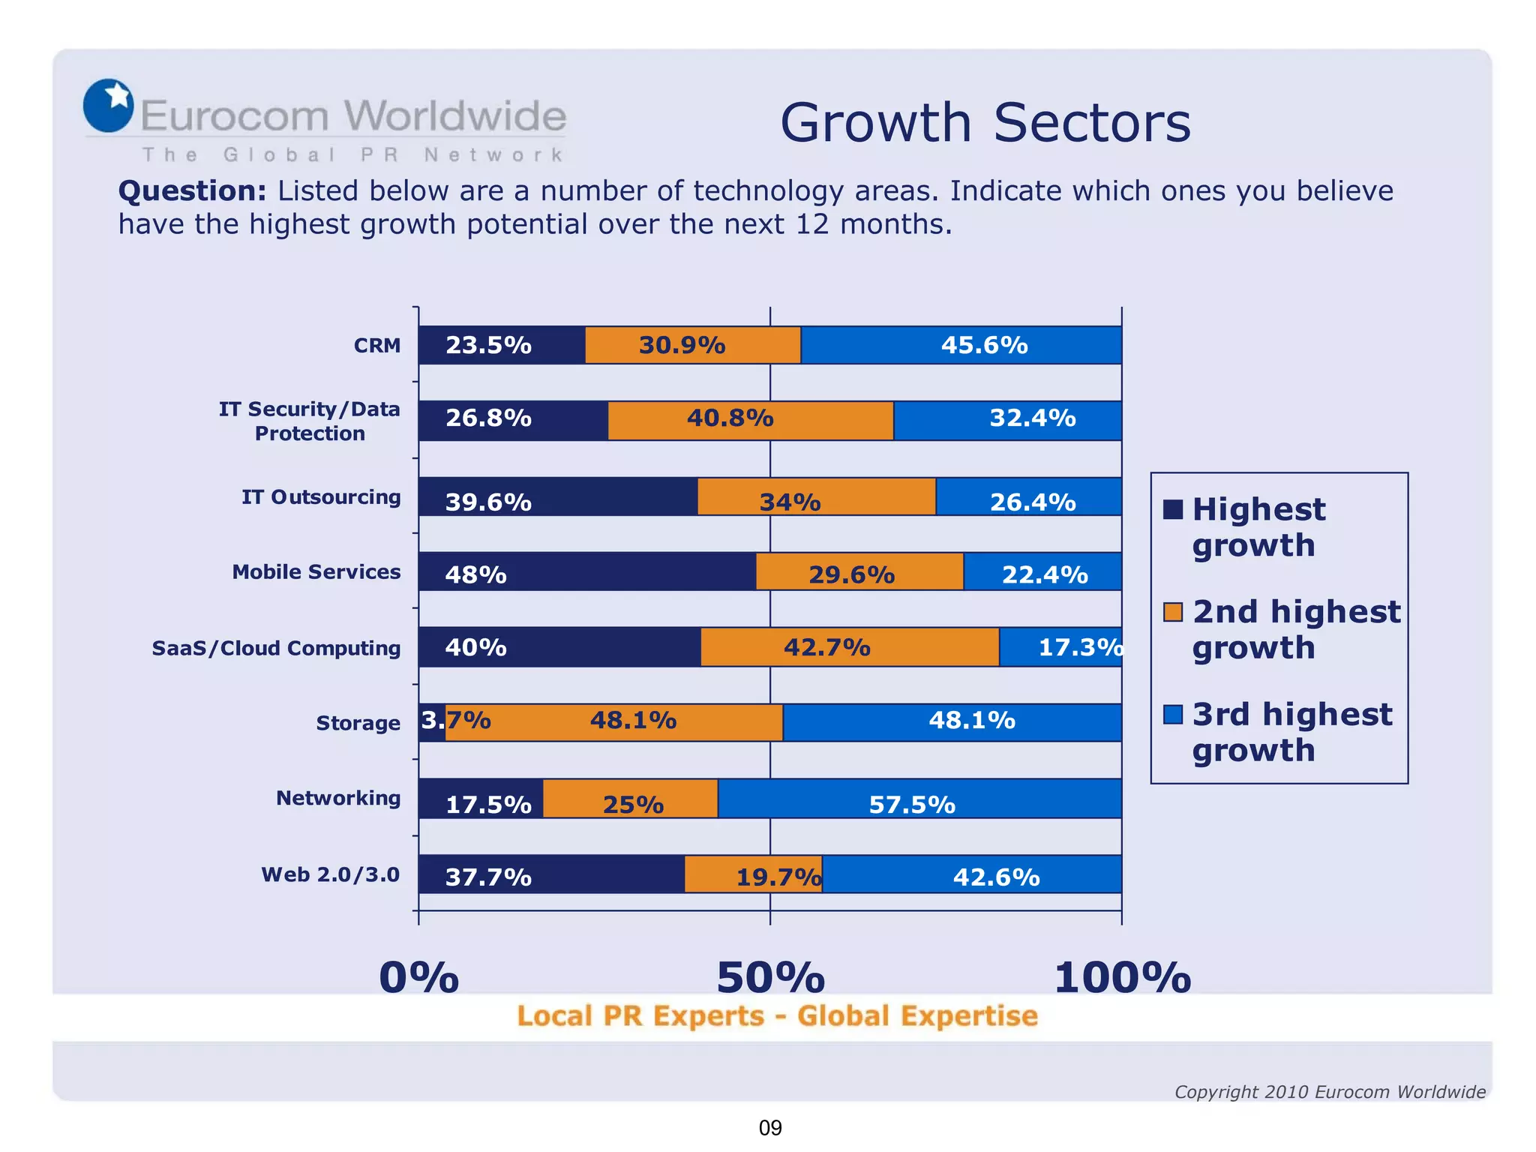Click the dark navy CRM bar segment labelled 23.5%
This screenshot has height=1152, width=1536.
tap(501, 345)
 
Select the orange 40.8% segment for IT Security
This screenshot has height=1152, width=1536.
tap(750, 420)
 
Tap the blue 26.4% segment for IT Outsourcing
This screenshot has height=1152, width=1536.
tap(1028, 496)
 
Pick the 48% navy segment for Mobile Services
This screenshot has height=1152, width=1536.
tap(586, 571)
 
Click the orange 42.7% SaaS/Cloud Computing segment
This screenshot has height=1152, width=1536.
tap(849, 646)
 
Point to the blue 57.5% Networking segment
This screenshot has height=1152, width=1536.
tap(919, 798)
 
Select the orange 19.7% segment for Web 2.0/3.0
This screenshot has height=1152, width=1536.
tap(753, 874)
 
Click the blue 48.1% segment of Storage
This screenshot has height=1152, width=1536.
tap(951, 722)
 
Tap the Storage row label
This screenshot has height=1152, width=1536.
tap(358, 723)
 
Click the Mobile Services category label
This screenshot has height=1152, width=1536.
tap(316, 572)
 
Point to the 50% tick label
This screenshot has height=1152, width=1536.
tap(770, 978)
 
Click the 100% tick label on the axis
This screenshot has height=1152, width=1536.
tap(1122, 978)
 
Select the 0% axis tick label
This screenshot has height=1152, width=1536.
tap(418, 978)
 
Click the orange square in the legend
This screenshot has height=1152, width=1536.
tap(1172, 612)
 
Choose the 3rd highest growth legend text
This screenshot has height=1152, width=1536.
tap(1291, 731)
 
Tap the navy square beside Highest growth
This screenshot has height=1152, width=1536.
tap(1172, 510)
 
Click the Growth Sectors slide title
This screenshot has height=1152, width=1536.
tap(985, 122)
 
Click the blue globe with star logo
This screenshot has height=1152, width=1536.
tap(109, 106)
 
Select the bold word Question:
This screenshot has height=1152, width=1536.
tap(192, 191)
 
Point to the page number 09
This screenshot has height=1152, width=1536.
tap(770, 1127)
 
